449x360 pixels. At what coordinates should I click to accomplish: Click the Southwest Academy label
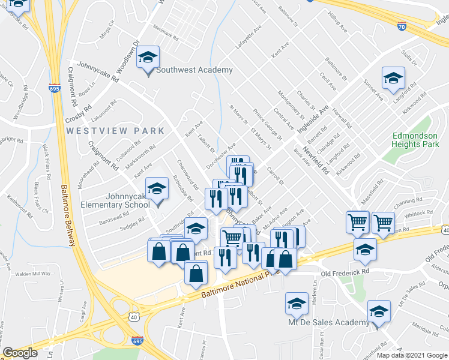click(x=194, y=70)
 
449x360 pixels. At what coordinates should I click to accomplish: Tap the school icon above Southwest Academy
click(x=148, y=58)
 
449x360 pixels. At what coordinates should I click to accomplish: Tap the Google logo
click(x=20, y=353)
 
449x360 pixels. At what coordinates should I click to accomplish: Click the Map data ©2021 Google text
click(x=412, y=355)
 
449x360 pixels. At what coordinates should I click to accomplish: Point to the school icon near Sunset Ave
click(x=394, y=78)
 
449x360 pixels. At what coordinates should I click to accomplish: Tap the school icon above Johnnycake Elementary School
click(x=157, y=189)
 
